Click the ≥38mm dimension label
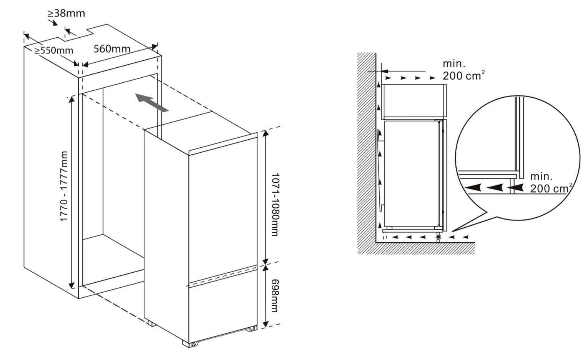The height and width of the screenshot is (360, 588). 66,13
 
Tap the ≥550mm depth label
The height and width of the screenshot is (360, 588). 53,50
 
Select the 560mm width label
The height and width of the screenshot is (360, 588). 112,48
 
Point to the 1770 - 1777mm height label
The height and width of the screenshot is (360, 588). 64,186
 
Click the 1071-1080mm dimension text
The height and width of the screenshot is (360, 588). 274,205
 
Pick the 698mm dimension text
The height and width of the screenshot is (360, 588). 274,296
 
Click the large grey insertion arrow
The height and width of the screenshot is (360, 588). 152,102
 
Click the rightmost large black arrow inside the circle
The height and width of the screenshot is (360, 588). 515,188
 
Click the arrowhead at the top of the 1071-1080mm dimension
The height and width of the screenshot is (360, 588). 266,133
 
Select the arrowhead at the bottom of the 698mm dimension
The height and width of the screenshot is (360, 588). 266,324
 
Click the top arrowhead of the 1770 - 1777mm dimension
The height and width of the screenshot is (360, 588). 71,100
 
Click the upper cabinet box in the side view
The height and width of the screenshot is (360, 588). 414,101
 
